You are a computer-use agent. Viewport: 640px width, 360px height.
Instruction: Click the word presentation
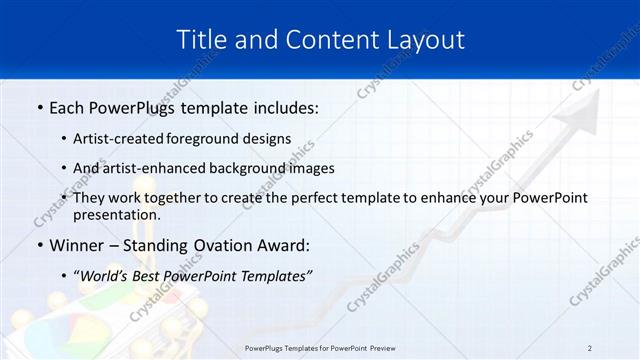pos(117,215)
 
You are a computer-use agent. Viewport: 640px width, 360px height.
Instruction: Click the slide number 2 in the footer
pos(590,348)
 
